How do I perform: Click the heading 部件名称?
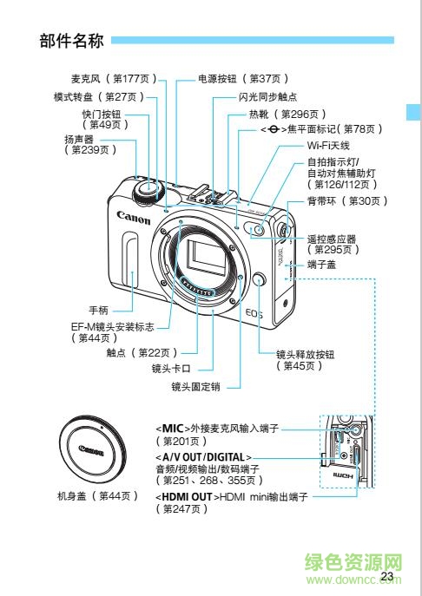[x=72, y=41]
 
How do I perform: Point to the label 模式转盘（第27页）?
[x=98, y=96]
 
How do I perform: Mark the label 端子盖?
[x=323, y=266]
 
